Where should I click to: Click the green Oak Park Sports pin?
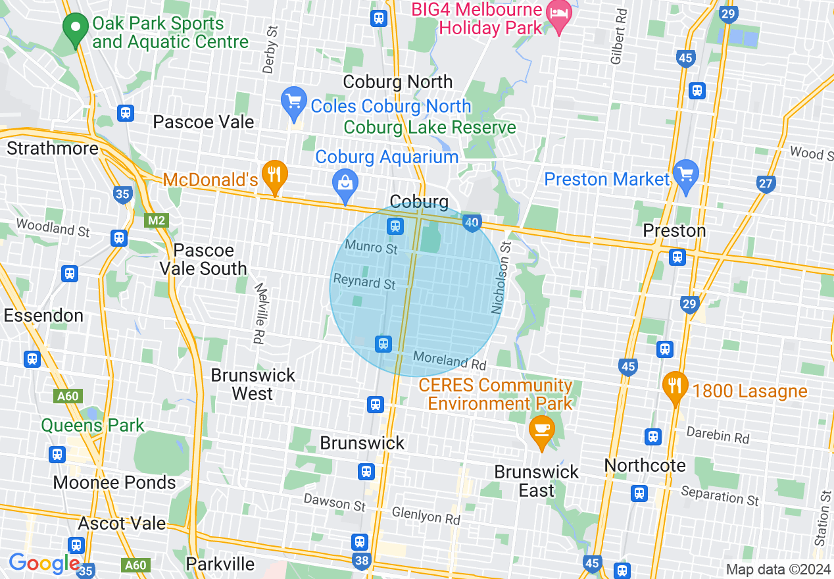[x=76, y=28]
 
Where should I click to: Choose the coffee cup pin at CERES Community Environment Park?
[x=541, y=430]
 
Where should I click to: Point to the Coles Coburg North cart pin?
[x=293, y=101]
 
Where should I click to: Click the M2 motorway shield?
[x=156, y=220]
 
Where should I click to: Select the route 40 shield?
[x=471, y=223]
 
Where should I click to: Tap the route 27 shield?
[x=766, y=184]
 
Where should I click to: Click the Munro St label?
[x=372, y=248]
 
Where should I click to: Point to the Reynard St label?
[x=364, y=282]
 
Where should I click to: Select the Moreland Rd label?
[x=449, y=361]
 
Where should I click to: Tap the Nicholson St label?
[x=501, y=277]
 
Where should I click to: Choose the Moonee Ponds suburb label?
[x=114, y=482]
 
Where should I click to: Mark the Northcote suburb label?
[x=645, y=466]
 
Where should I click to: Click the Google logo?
[x=44, y=564]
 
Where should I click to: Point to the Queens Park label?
[x=93, y=425]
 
